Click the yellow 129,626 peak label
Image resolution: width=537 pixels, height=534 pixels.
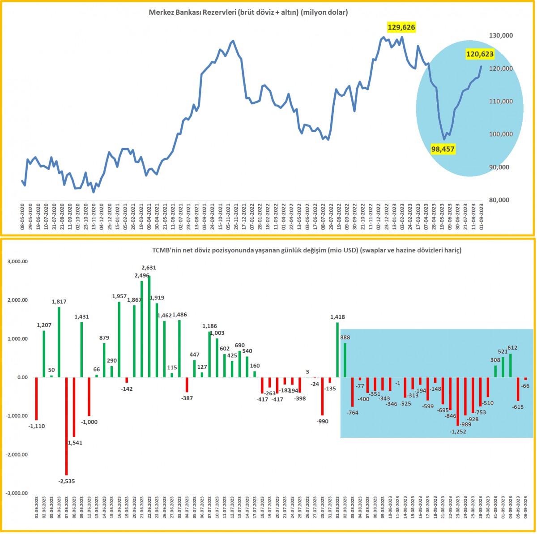pos(401,28)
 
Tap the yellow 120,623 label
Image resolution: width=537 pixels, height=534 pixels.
pos(480,54)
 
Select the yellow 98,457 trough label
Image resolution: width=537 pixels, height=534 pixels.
pos(443,149)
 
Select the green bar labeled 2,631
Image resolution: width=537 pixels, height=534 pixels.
pos(149,327)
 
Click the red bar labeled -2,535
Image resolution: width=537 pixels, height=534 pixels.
pos(66,426)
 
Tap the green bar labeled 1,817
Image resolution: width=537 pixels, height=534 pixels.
pos(59,342)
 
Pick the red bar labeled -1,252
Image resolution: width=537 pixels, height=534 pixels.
pos(458,401)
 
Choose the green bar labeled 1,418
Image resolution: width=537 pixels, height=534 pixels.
pos(337,350)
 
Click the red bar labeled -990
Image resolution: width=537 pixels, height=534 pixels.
pos(322,396)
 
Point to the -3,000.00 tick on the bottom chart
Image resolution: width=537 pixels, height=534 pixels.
pos(17,493)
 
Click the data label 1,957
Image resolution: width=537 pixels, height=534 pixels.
pos(119,296)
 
